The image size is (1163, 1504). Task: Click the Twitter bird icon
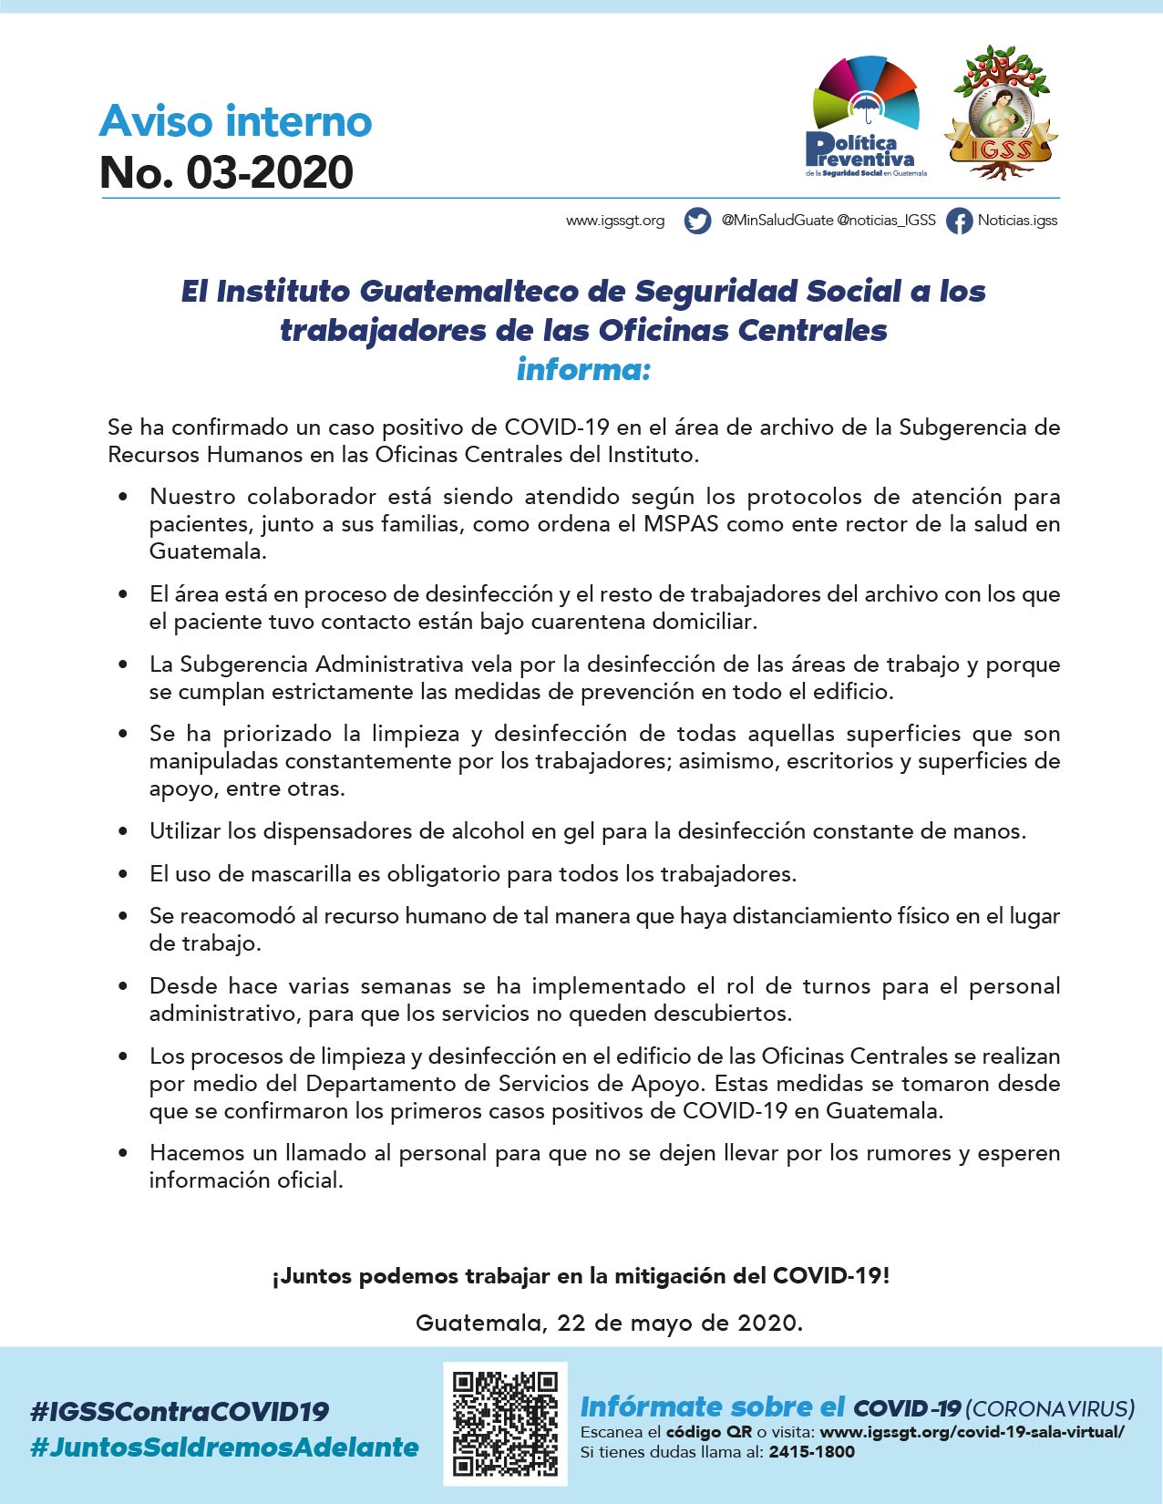697,221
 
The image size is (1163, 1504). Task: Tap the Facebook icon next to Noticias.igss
959,221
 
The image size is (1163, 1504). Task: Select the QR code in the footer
505,1423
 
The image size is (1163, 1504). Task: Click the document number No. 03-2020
226,172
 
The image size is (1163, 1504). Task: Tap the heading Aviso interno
235,120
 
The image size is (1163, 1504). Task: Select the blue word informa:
583,369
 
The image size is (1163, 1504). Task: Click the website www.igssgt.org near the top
615,221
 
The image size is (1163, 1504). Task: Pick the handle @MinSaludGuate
777,221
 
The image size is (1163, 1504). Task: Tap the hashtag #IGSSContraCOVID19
180,1411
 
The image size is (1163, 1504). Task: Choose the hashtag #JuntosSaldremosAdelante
224,1447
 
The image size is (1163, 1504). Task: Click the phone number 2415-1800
811,1452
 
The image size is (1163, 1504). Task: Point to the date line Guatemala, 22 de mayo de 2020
609,1323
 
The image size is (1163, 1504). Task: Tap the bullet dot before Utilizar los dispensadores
123,831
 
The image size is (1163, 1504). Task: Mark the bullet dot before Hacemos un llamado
123,1153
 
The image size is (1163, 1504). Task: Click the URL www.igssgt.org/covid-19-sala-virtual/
972,1431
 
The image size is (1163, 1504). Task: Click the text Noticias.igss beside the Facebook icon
1017,221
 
